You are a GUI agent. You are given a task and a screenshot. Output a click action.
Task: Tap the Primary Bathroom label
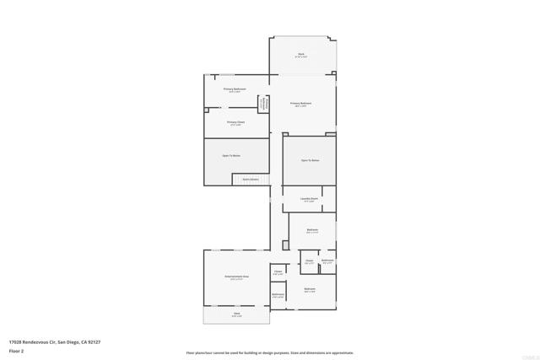(235, 89)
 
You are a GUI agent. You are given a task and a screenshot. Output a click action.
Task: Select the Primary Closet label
(235, 121)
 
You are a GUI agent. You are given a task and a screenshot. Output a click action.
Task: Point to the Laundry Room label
(309, 200)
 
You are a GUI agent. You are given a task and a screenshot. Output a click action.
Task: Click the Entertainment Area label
(235, 277)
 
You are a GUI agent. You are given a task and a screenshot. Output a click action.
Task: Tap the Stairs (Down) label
(251, 179)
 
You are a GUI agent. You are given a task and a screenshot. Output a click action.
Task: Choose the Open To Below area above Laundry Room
(310, 159)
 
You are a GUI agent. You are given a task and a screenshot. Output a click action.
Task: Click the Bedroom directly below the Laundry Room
(312, 229)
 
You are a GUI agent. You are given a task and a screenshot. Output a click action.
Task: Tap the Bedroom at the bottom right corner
(310, 290)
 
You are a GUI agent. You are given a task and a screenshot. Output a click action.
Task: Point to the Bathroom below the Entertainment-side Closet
(278, 295)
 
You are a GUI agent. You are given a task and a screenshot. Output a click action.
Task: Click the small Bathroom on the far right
(327, 261)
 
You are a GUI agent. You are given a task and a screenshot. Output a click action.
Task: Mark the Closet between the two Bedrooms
(309, 262)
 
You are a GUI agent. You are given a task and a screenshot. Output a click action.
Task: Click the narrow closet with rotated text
(264, 104)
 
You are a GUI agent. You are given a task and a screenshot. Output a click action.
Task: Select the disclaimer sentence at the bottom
(270, 352)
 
